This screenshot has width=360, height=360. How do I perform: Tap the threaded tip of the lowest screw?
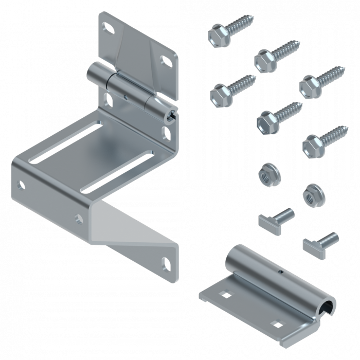(x=343, y=128)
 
